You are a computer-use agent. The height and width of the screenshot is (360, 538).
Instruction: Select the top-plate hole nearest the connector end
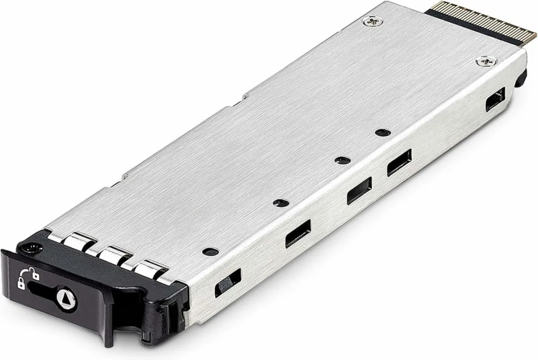[x=381, y=132]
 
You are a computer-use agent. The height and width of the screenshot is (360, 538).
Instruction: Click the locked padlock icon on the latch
[x=21, y=283]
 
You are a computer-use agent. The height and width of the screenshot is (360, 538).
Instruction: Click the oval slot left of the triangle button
[x=42, y=289]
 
